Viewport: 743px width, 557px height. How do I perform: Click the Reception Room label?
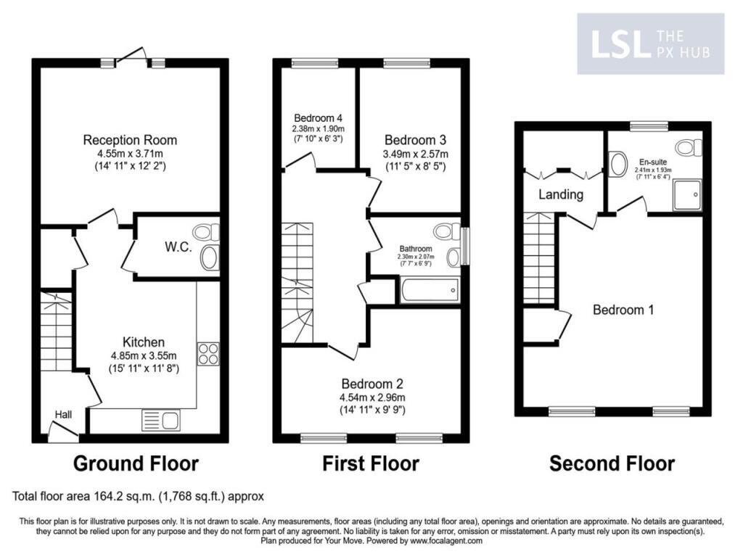(x=130, y=140)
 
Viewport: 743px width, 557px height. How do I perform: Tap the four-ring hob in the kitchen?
(x=208, y=353)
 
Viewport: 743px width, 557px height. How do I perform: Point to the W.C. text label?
(x=178, y=247)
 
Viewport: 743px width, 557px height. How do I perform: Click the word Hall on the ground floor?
(x=64, y=414)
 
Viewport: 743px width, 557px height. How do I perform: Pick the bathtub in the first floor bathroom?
(x=428, y=292)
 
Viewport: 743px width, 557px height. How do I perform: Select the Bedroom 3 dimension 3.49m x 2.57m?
(x=416, y=154)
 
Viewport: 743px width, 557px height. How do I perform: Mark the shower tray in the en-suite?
(x=686, y=194)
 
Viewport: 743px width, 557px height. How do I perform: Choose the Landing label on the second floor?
(x=560, y=194)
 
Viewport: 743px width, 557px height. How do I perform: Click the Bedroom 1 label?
(x=623, y=310)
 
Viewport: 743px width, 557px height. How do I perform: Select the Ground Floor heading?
(x=136, y=463)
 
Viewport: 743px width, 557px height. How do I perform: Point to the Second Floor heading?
(x=612, y=463)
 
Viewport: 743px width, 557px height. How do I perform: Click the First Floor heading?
(x=370, y=463)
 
